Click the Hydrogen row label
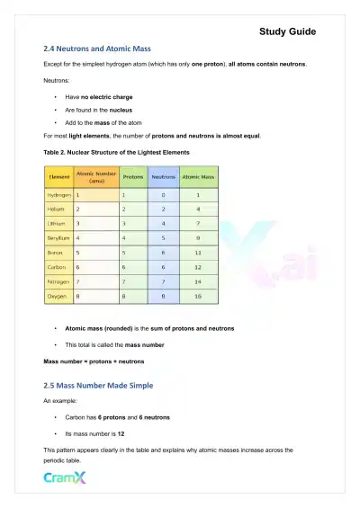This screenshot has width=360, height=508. pyautogui.click(x=59, y=194)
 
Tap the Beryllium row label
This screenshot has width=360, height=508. pyautogui.click(x=59, y=237)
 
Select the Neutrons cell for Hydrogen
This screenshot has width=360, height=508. pyautogui.click(x=162, y=194)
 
